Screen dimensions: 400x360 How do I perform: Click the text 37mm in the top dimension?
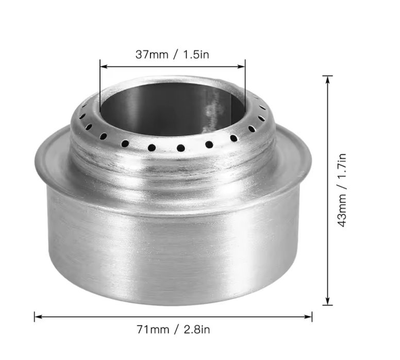152,55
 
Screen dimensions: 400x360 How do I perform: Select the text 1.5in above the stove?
196,55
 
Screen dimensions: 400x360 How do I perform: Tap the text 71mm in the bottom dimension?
153,330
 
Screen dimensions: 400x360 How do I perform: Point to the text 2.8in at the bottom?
197,330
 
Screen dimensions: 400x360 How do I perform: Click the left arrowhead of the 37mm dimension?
104,66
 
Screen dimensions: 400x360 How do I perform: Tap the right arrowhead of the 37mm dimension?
242,66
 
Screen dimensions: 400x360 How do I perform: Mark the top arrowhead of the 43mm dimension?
327,79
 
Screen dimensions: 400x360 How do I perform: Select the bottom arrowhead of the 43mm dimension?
327,301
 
